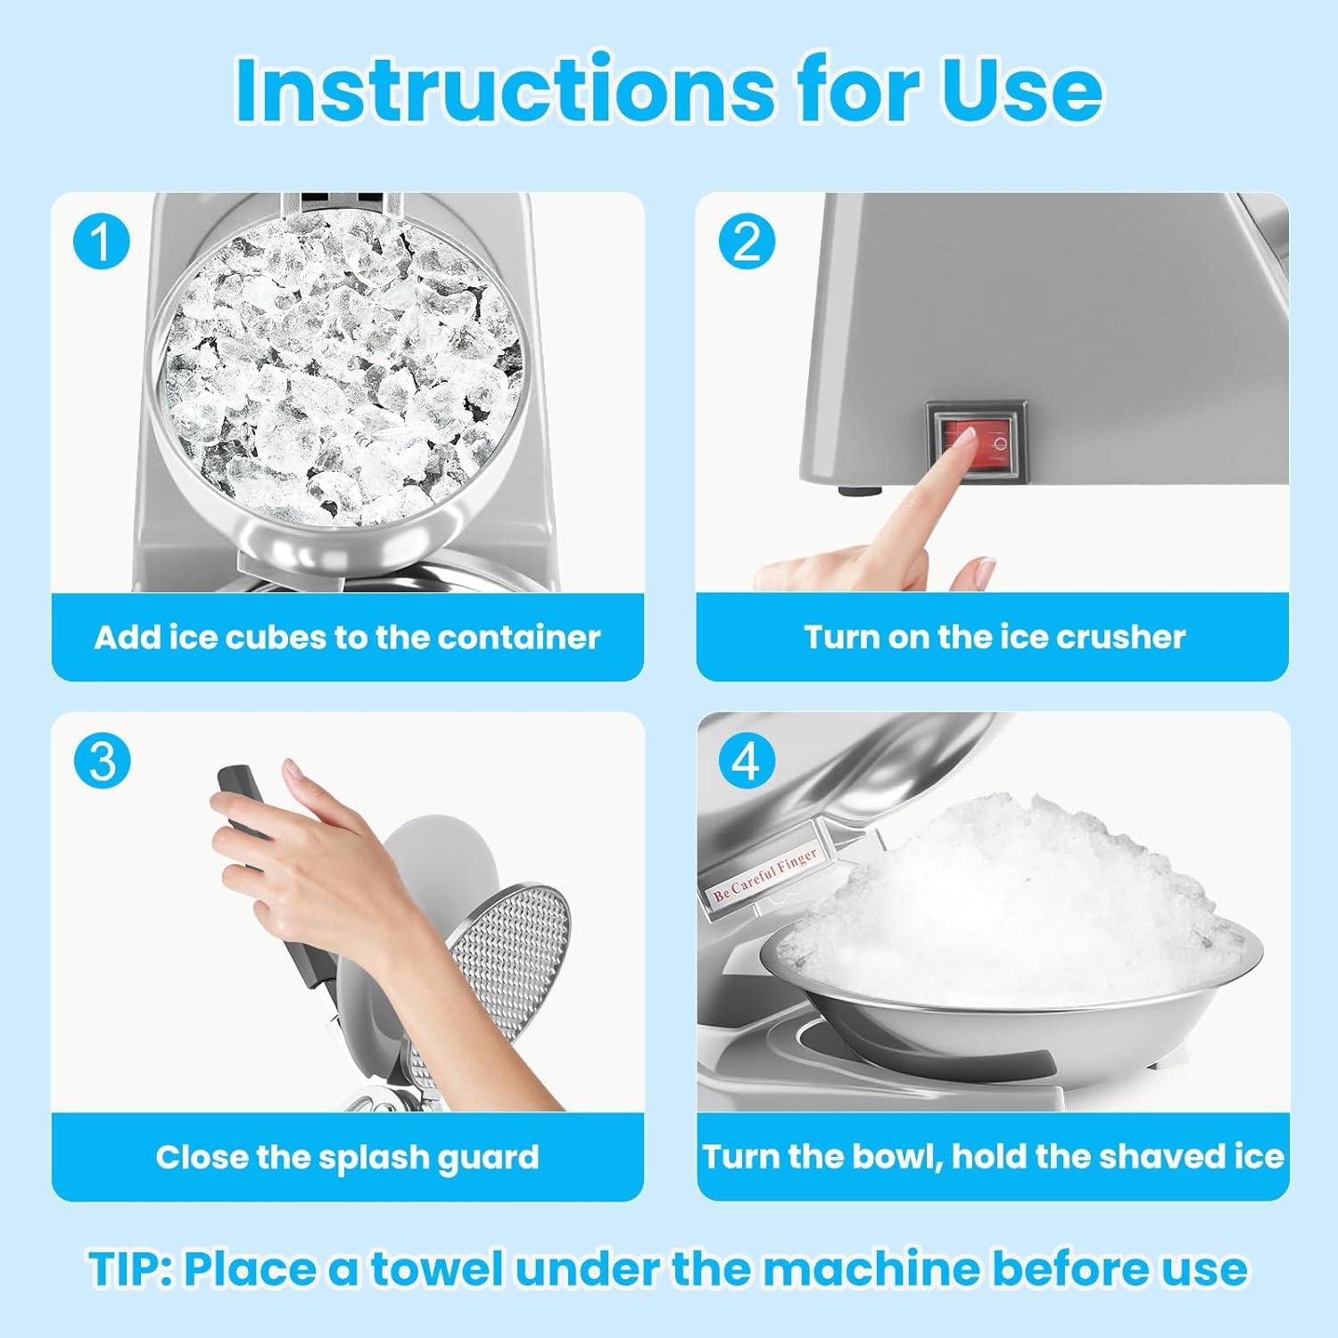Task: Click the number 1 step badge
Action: pyautogui.click(x=102, y=241)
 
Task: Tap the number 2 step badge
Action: pyautogui.click(x=747, y=241)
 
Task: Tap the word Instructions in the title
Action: pyautogui.click(x=505, y=89)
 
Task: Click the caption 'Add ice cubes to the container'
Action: pyautogui.click(x=347, y=637)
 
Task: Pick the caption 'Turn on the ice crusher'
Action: pyautogui.click(x=995, y=637)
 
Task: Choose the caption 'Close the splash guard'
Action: pyautogui.click(x=347, y=1157)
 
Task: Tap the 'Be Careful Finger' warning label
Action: pyautogui.click(x=765, y=874)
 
